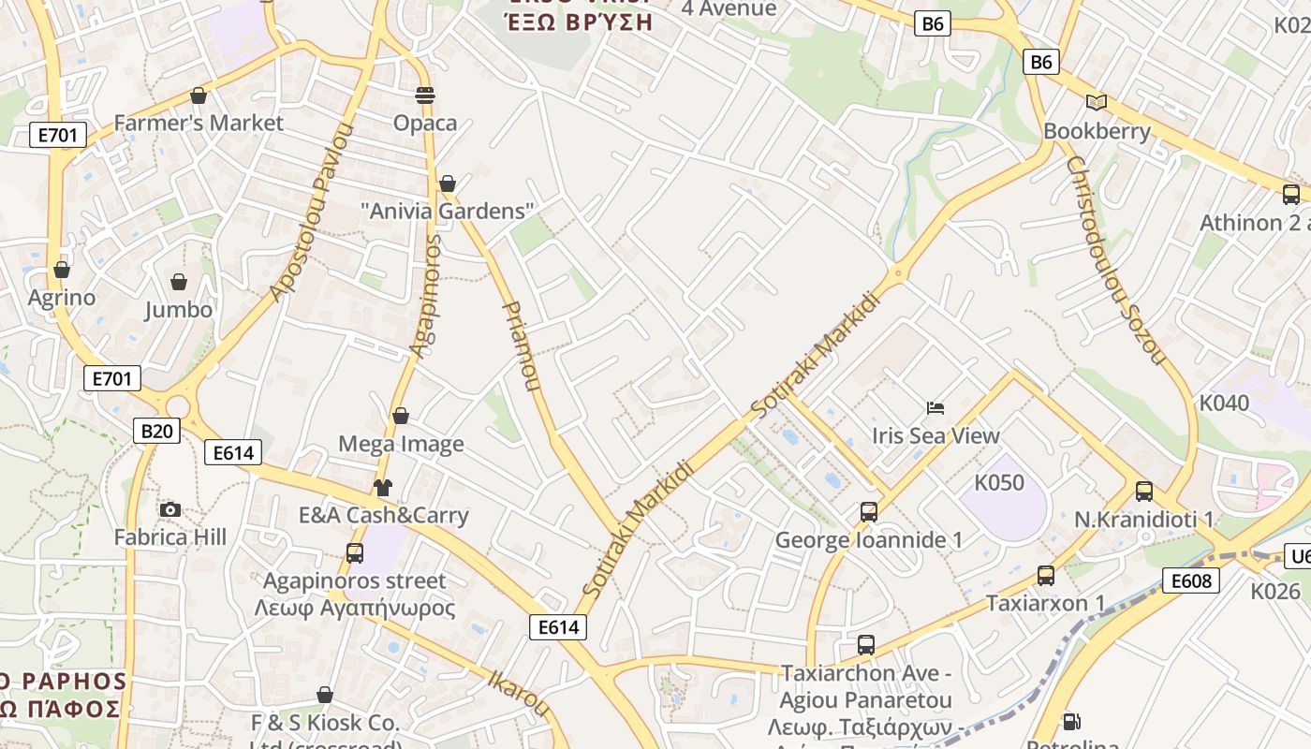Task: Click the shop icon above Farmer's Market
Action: point(198,95)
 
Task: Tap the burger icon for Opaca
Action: point(425,95)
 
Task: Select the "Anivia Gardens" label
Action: point(448,211)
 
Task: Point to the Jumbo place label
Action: point(178,309)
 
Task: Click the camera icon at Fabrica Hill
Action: point(169,509)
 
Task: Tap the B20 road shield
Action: point(156,431)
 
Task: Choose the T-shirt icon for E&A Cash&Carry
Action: point(383,487)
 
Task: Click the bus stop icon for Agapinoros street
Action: point(354,553)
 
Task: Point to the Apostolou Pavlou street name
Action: point(309,213)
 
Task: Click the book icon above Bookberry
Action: point(1097,102)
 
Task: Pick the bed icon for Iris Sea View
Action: point(935,407)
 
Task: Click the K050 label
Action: point(999,482)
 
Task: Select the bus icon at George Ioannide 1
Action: point(869,512)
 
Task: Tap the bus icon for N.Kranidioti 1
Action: point(1143,492)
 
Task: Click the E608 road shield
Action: point(1191,580)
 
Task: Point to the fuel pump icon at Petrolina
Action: point(1071,722)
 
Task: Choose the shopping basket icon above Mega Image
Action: point(401,416)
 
